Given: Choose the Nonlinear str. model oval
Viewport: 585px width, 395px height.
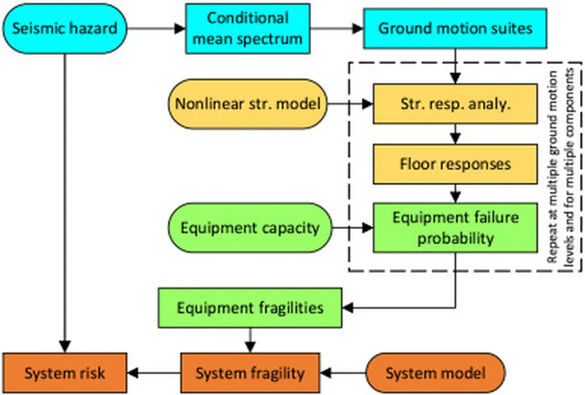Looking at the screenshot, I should [x=247, y=104].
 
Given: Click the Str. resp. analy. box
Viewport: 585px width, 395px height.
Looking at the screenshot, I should [x=455, y=104].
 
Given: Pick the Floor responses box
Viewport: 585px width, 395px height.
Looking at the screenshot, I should [x=455, y=164].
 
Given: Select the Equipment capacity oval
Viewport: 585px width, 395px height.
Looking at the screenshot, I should [x=250, y=228].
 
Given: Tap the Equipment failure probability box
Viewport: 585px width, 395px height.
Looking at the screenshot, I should [x=455, y=228].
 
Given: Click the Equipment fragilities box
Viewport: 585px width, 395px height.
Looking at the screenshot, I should [x=250, y=308].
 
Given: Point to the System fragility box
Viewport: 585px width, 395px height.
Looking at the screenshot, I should [x=250, y=374].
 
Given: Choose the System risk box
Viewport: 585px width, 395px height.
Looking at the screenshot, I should [x=64, y=374].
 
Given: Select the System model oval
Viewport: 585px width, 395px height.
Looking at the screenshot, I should [x=435, y=374].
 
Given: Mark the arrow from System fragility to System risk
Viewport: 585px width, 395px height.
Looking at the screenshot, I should [x=154, y=374].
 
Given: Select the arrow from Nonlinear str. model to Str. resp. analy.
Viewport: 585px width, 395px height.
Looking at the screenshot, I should [x=350, y=104].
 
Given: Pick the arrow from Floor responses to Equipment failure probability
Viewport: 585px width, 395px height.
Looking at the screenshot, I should [x=455, y=193].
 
